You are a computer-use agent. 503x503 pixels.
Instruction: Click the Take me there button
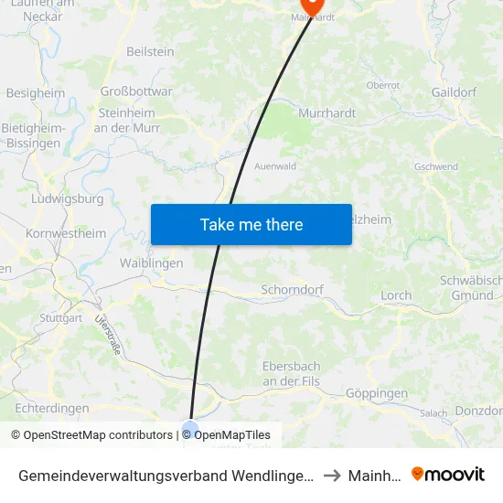(x=251, y=224)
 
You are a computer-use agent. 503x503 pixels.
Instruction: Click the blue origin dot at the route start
(x=190, y=428)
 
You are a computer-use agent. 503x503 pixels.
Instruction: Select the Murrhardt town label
(x=327, y=112)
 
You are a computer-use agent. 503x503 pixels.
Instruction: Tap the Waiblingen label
(x=152, y=262)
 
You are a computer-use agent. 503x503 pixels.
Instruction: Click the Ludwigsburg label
(x=68, y=198)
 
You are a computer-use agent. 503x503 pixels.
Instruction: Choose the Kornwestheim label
(x=66, y=233)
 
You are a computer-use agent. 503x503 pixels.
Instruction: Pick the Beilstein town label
(x=150, y=52)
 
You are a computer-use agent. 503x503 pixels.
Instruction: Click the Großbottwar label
(x=135, y=91)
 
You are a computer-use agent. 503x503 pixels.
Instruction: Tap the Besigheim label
(x=36, y=92)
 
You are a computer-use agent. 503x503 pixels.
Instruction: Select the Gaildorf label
(x=455, y=92)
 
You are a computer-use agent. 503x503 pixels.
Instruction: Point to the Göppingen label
(x=377, y=393)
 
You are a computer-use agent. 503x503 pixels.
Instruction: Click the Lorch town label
(x=396, y=295)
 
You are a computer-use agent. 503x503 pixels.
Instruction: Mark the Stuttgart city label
(x=61, y=318)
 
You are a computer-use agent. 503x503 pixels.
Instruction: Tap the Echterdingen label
(x=52, y=408)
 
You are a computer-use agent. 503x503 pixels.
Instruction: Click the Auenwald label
(x=274, y=167)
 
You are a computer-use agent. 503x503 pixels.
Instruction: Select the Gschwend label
(x=436, y=167)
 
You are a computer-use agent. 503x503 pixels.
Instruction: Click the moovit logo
(x=447, y=475)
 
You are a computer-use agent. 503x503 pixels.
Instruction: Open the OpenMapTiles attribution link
(x=232, y=435)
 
